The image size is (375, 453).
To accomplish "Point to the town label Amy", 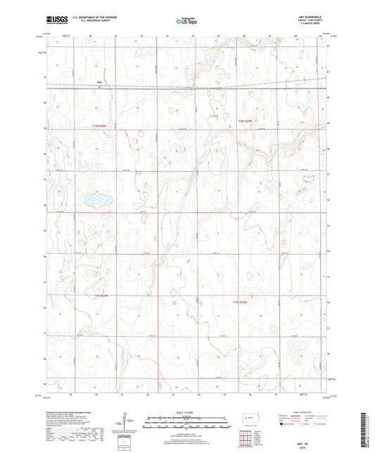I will click(x=79, y=83).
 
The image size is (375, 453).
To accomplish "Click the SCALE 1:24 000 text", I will click(x=187, y=411).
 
